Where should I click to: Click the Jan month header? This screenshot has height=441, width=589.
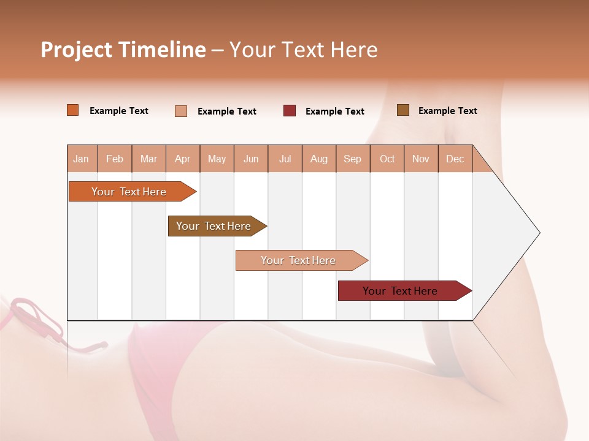[82, 159]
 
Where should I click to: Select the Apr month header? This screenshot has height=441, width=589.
[183, 159]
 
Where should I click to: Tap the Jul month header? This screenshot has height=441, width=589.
[285, 159]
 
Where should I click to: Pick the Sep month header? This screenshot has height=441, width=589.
[353, 159]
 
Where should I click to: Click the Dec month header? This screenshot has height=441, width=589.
[455, 159]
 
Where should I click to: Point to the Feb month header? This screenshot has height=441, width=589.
[115, 159]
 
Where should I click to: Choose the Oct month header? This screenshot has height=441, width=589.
[387, 159]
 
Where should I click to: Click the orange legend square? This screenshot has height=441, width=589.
[73, 110]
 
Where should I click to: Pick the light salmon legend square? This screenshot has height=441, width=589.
[181, 111]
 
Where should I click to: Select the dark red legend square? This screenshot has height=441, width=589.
[290, 111]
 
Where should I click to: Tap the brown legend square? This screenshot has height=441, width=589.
[403, 110]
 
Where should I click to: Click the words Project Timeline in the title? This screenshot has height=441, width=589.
[123, 50]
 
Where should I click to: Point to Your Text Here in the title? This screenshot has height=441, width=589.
[303, 50]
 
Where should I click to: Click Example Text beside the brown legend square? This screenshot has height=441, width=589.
[447, 111]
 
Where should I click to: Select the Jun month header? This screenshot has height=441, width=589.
[251, 159]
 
